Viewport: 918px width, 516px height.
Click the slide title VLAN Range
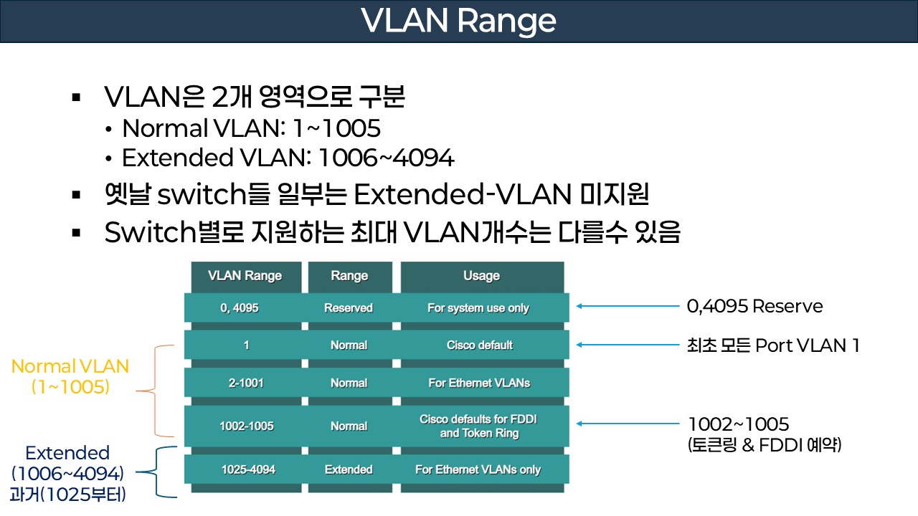coord(459,21)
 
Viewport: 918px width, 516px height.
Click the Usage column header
coord(481,276)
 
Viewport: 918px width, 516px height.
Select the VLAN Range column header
coord(245,276)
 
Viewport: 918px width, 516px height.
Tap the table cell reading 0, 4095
coord(240,308)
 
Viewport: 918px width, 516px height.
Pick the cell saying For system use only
coord(478,308)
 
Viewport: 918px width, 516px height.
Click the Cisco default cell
coord(479,345)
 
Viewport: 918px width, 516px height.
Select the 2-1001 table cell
coord(245,383)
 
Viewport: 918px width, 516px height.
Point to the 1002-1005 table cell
coord(246,426)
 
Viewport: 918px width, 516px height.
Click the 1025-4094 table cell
coord(248,470)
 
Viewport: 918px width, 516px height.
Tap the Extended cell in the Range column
coord(349,470)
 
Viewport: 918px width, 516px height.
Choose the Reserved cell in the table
coord(349,308)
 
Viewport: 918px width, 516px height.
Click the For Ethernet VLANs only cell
coord(478,470)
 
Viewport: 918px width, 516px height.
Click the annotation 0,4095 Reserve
coord(754,307)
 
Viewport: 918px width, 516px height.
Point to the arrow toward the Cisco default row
coord(628,345)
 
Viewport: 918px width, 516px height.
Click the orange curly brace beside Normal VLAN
coord(154,391)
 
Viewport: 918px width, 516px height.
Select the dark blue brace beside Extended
coord(156,472)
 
